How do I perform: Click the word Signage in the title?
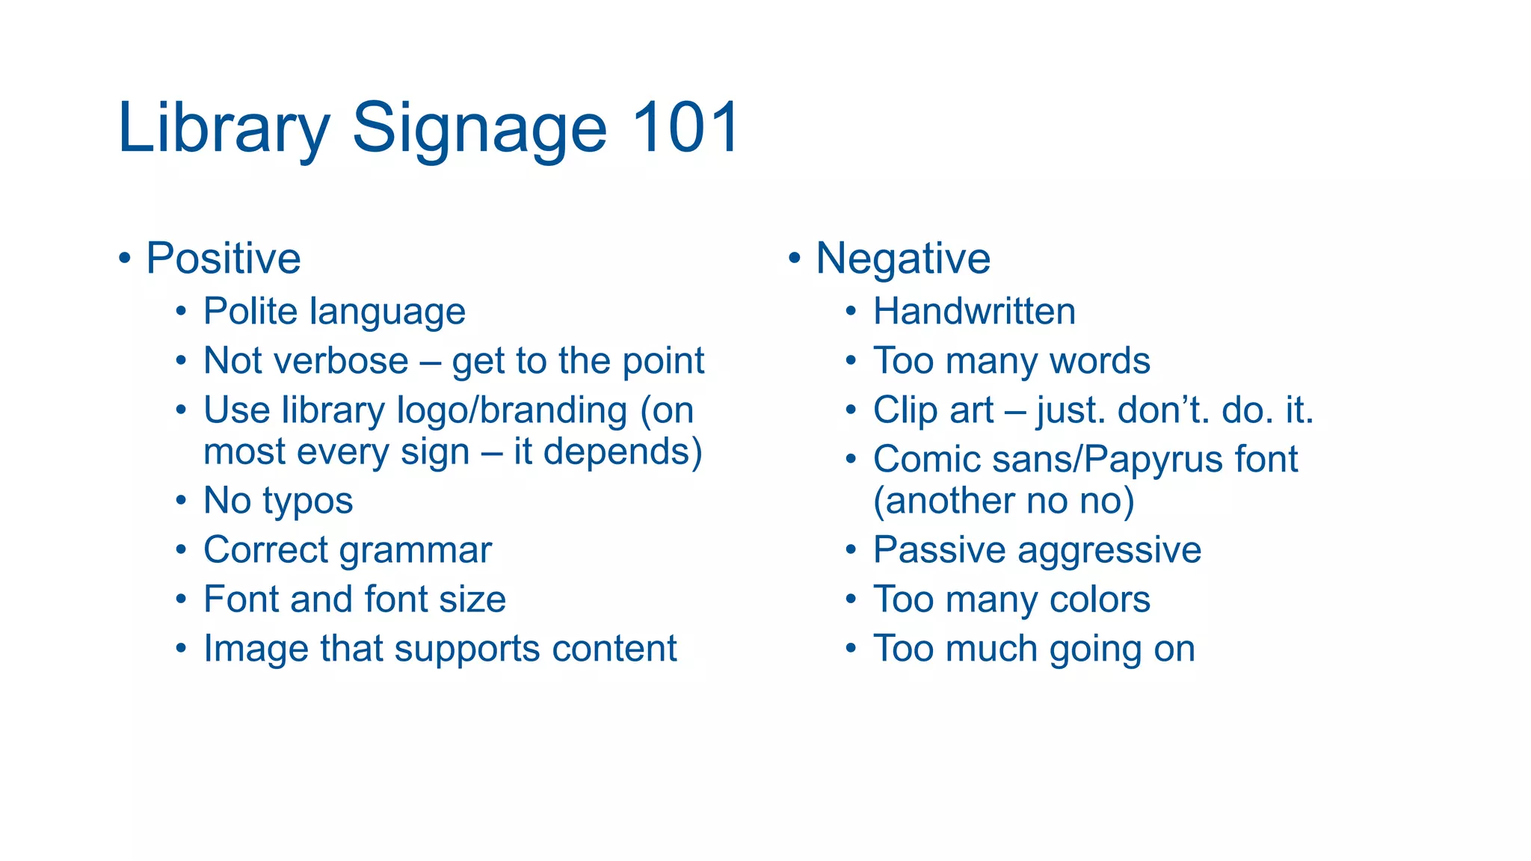coord(478,131)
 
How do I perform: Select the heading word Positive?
coord(223,259)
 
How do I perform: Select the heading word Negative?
coord(903,259)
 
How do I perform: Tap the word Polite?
coord(250,311)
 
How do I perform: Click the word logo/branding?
coord(511,411)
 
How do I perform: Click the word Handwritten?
coord(974,311)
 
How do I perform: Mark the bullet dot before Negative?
coord(794,259)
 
